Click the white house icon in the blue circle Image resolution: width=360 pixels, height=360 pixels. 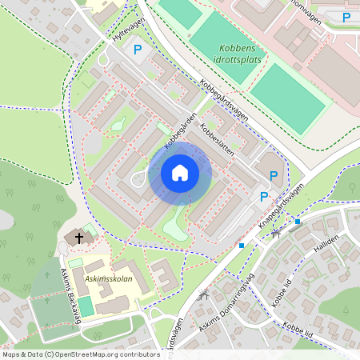click(x=180, y=173)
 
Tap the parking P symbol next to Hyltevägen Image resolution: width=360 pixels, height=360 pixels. click(x=138, y=50)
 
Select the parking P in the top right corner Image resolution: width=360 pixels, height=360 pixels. click(x=346, y=17)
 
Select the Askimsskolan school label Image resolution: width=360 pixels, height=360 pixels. click(x=109, y=281)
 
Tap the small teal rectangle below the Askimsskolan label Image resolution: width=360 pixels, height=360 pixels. click(x=85, y=306)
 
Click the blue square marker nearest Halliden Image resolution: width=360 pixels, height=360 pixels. click(x=298, y=221)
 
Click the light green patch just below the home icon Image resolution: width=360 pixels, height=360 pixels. click(x=178, y=226)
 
